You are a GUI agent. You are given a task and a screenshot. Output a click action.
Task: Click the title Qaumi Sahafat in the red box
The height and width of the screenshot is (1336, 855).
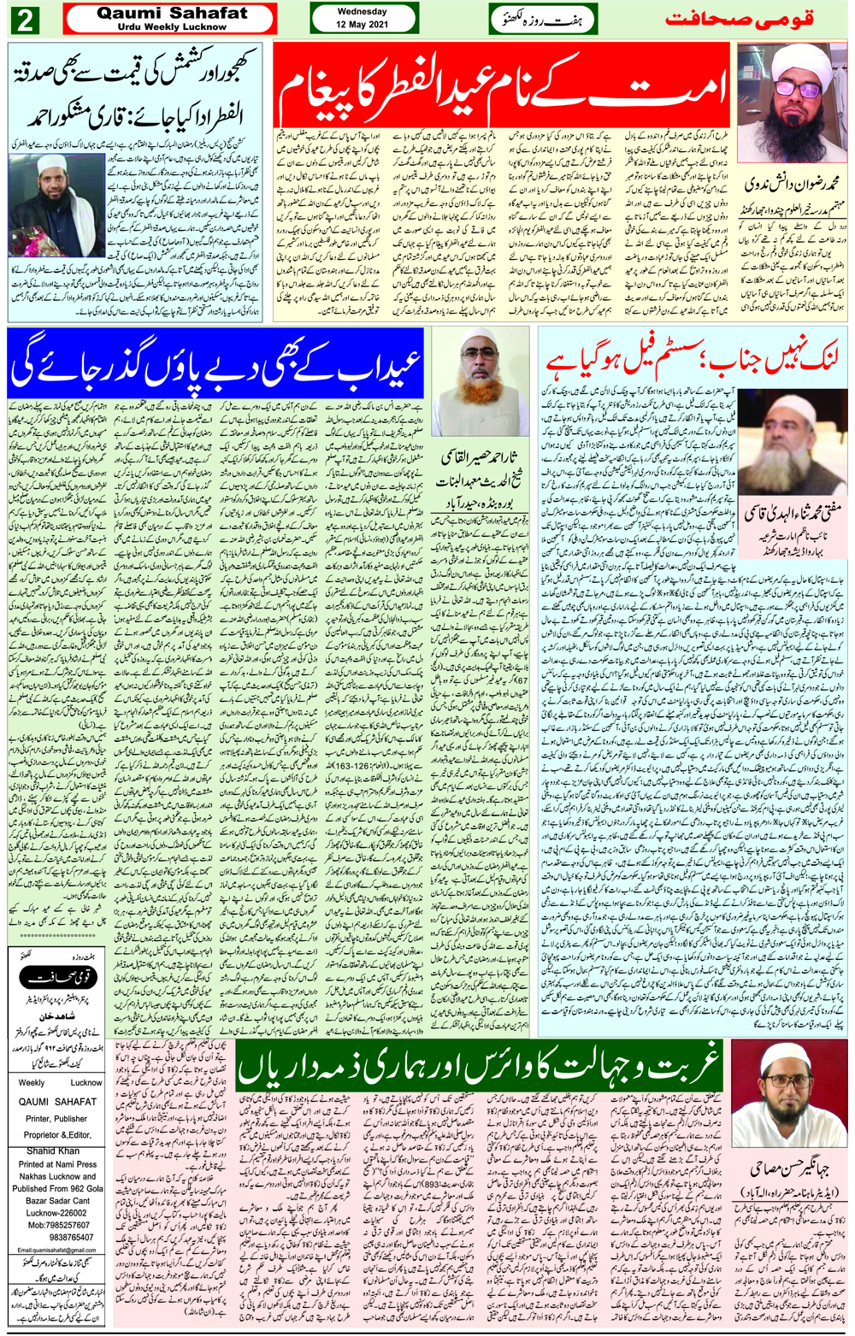(171, 14)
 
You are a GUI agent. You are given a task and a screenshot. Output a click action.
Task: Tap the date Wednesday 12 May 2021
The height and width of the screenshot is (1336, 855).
(362, 18)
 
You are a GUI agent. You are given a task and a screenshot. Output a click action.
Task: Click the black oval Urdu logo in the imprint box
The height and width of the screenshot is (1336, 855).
(57, 977)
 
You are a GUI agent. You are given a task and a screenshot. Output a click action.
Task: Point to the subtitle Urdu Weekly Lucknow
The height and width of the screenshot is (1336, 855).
(171, 26)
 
